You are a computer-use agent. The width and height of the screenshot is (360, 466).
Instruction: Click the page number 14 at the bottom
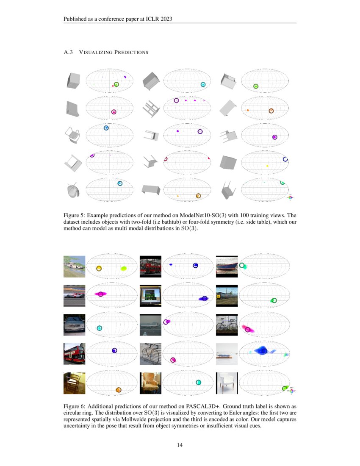click(x=180, y=445)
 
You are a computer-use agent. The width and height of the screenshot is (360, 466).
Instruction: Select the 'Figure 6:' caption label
click(x=75, y=406)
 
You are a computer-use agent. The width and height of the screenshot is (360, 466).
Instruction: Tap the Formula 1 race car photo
click(x=74, y=296)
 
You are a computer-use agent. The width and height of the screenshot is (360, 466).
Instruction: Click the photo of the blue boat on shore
click(x=227, y=266)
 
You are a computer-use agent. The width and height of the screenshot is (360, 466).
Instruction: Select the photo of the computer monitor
click(x=150, y=296)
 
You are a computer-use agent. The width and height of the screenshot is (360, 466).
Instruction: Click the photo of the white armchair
click(x=227, y=383)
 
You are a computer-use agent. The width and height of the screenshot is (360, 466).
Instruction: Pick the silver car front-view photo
click(x=74, y=325)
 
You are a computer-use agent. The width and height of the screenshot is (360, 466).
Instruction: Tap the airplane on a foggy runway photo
click(x=150, y=325)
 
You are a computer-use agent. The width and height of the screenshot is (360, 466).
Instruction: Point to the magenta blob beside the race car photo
click(x=101, y=293)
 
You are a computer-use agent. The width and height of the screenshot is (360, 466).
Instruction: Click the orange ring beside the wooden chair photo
click(x=119, y=390)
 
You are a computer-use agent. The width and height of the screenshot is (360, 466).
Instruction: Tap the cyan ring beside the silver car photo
click(x=100, y=328)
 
